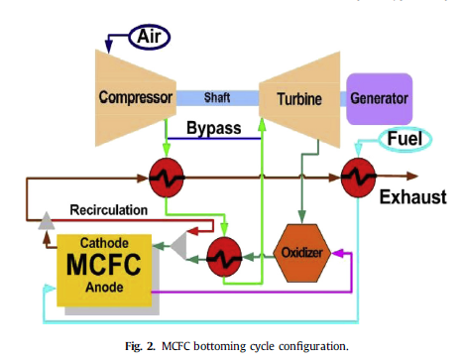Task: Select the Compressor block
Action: (x=137, y=97)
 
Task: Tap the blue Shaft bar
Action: (x=217, y=97)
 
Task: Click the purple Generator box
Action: (x=378, y=99)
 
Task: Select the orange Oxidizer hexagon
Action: (x=299, y=251)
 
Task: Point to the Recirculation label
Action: (x=109, y=209)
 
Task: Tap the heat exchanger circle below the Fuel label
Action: (x=359, y=180)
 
